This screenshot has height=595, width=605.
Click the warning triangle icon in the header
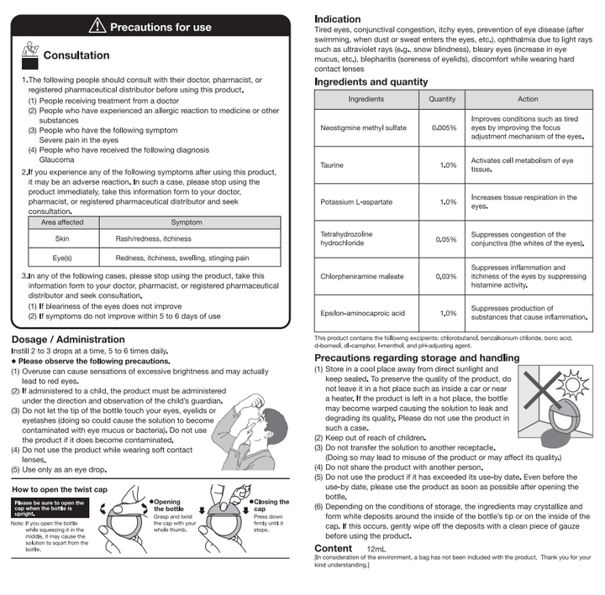tap(98, 26)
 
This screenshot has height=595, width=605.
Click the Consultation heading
tap(76, 55)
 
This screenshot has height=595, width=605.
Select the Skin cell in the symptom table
tap(62, 239)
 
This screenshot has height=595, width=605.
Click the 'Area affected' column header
tap(62, 222)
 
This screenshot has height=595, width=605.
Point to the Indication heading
tap(338, 18)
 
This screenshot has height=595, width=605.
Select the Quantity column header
tap(442, 99)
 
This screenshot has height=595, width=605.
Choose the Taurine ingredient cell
tap(332, 164)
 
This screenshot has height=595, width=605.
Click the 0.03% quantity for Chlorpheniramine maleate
tap(445, 276)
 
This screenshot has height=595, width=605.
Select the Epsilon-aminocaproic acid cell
tap(363, 313)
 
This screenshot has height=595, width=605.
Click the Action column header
tap(528, 99)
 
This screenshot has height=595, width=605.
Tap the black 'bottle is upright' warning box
tap(50, 506)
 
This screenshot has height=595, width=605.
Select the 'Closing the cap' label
tap(271, 506)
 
